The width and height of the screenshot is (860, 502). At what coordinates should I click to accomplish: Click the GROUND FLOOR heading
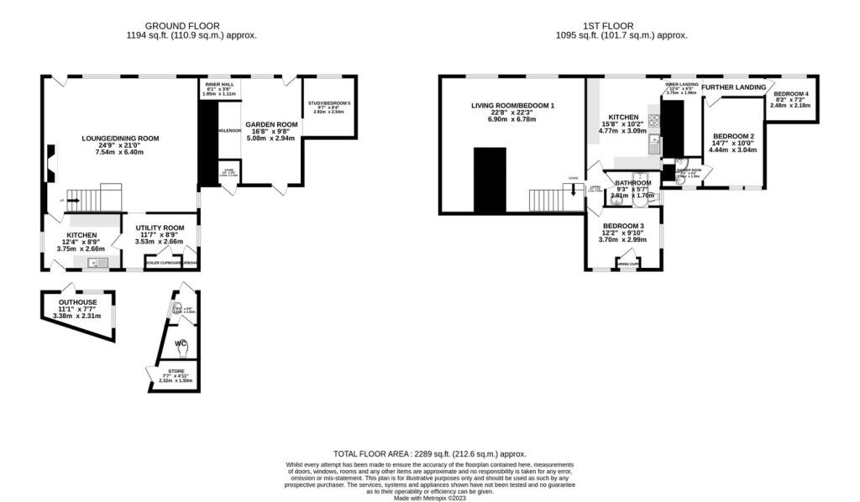201,26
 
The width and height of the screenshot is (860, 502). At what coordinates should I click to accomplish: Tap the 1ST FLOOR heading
621,26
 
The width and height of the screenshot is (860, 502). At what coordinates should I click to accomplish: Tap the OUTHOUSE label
77,302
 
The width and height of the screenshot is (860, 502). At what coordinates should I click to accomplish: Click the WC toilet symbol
181,345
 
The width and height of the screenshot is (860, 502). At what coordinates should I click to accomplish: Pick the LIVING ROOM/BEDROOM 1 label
512,106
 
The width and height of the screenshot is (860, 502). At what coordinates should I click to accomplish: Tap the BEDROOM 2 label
734,136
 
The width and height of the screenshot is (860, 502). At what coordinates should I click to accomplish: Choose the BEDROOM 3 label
623,227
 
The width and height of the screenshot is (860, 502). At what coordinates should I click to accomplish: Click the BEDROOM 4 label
791,94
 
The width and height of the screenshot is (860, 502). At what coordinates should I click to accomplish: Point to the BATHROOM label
632,183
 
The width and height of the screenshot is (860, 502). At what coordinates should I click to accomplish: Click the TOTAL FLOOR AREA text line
429,453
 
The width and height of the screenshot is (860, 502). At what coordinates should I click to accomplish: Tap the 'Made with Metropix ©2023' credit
429,498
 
